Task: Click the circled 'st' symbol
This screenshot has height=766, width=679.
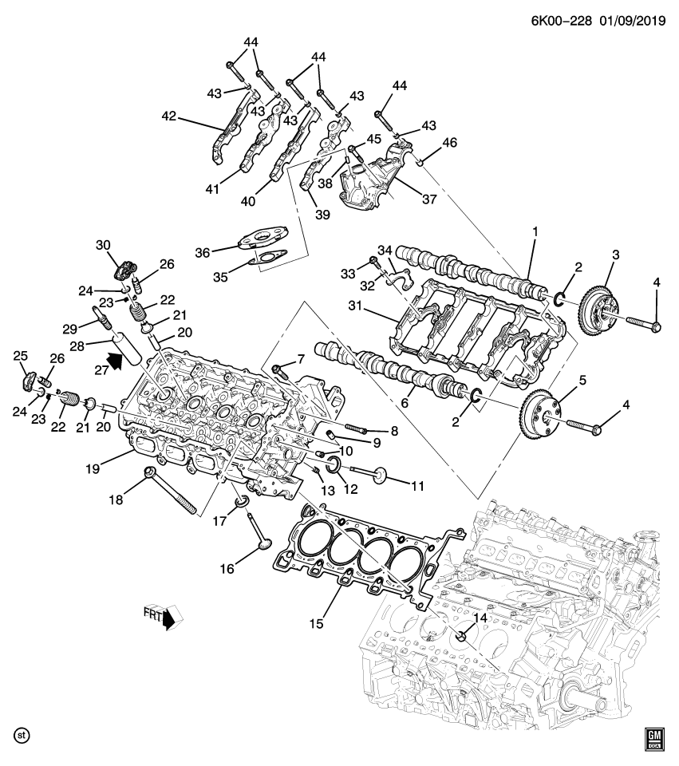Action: tap(22, 733)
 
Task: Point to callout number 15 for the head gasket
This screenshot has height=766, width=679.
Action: tap(317, 623)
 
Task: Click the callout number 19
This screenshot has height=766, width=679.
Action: tap(93, 468)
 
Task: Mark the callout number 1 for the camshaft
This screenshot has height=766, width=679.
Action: tap(535, 231)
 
